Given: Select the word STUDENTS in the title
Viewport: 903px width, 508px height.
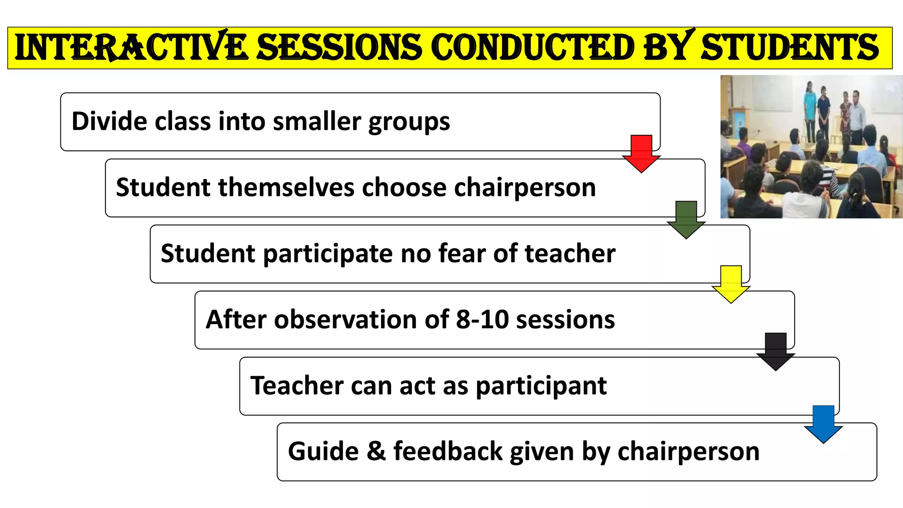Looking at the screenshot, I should tap(790, 48).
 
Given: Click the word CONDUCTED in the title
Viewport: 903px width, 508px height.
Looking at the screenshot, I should tap(532, 48).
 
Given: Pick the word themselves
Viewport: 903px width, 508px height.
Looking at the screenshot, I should tap(286, 187).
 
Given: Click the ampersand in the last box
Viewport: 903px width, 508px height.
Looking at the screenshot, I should tap(376, 452).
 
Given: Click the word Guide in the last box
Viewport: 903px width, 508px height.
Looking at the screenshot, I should tap(323, 452).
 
